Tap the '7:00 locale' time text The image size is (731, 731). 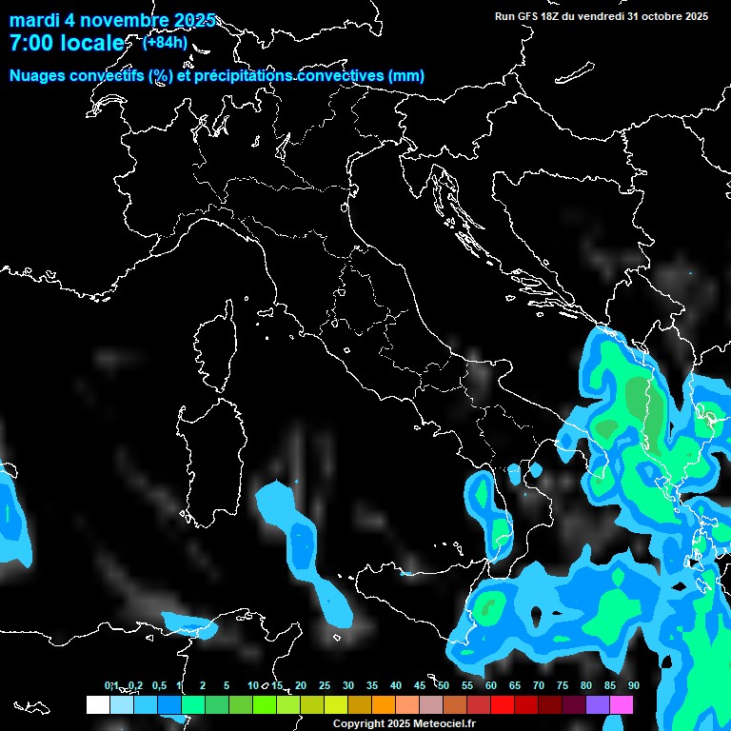[66, 43]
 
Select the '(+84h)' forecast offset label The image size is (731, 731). [165, 42]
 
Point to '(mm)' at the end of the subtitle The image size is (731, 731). [405, 76]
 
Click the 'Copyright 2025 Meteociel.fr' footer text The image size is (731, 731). [404, 724]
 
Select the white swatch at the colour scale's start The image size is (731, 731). [97, 704]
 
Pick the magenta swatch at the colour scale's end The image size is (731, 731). [622, 704]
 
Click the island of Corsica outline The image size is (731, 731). [215, 347]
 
